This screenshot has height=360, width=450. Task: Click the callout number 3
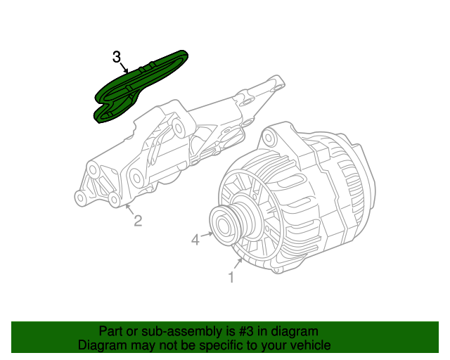point(117,57)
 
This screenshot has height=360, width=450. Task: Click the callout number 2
point(138,221)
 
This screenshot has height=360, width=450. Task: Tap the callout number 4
point(195,240)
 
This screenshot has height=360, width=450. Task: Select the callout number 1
point(231,277)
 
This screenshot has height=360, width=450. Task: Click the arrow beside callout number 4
point(207,235)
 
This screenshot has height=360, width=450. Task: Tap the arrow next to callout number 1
point(238,264)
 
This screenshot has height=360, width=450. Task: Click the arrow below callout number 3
point(124,67)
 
